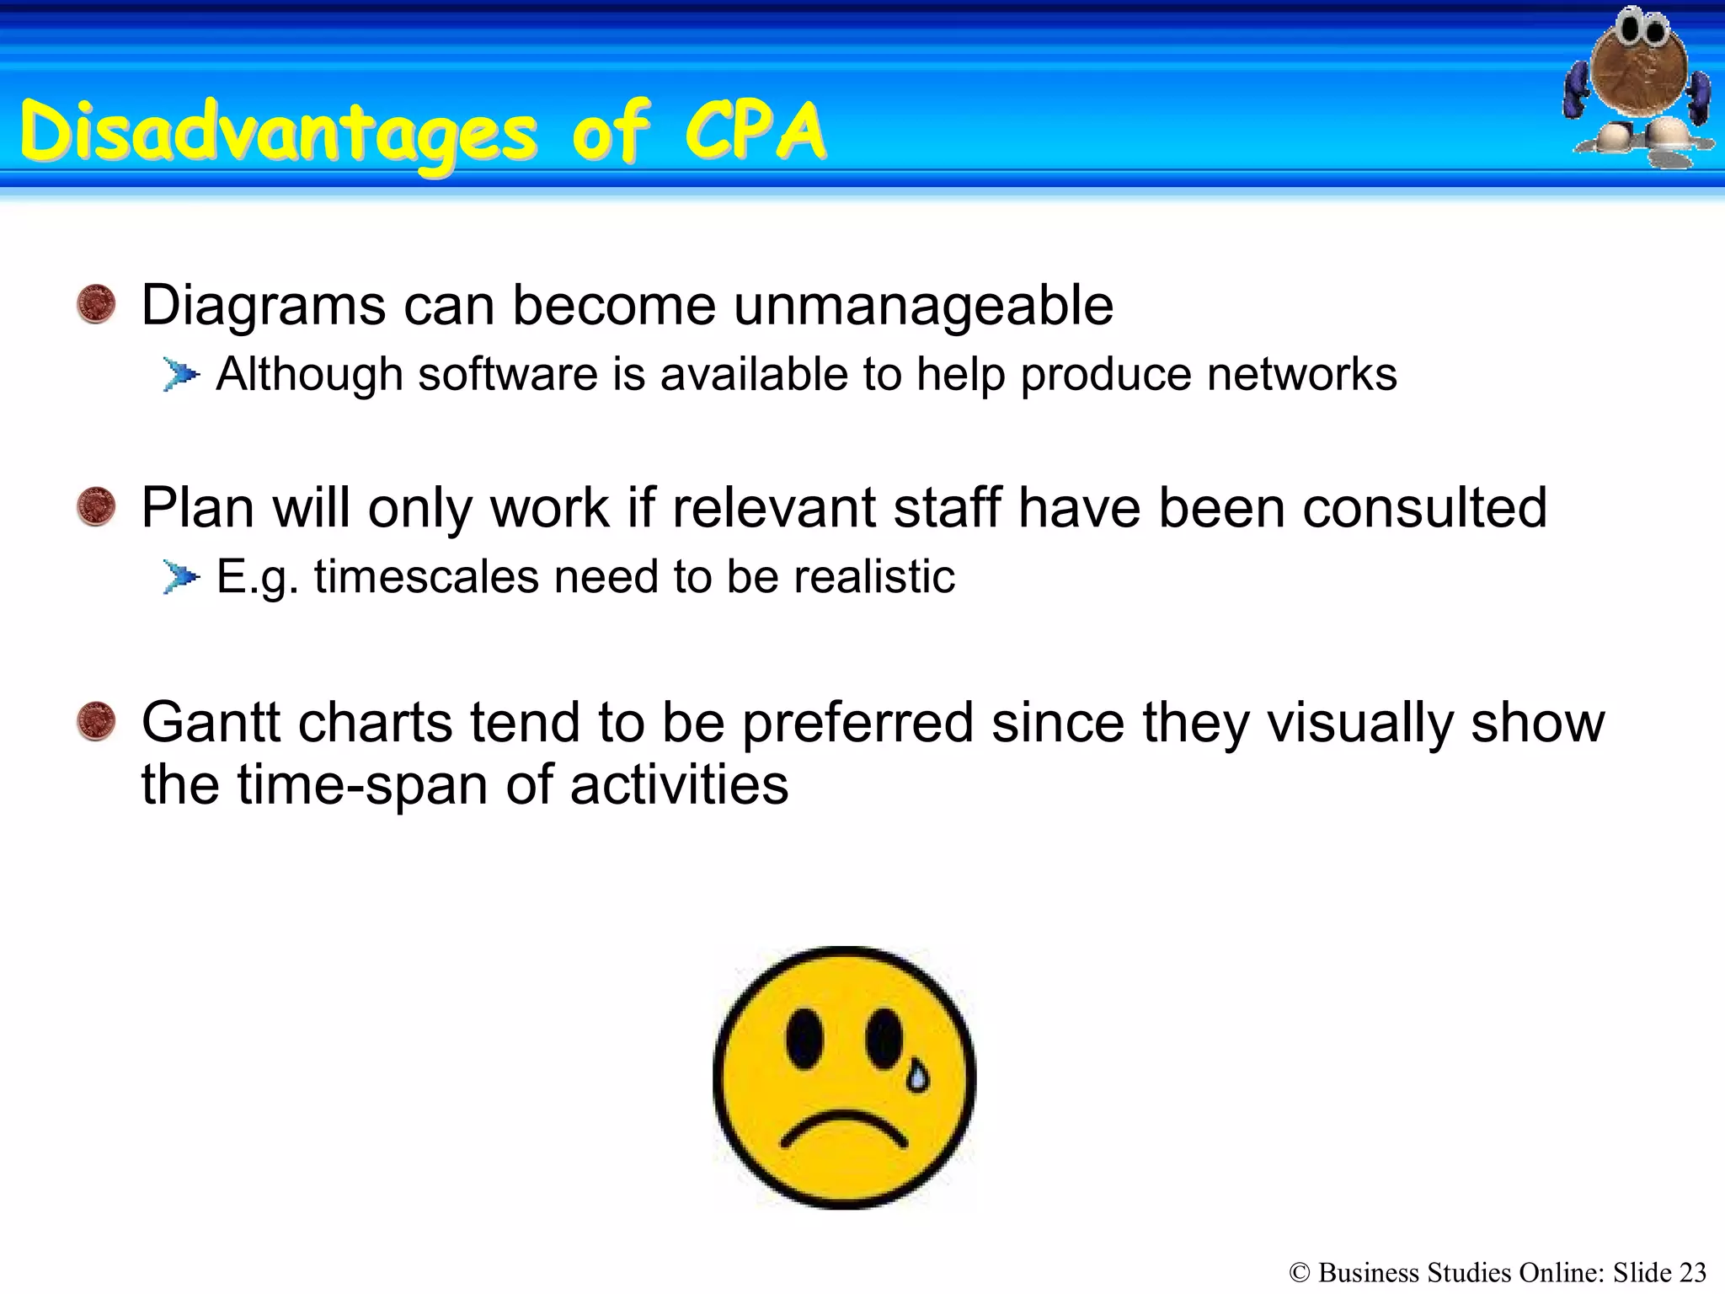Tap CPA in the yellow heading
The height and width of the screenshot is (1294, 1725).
(x=756, y=131)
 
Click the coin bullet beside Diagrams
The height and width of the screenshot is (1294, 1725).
(x=96, y=304)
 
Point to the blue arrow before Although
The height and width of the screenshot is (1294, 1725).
(x=181, y=374)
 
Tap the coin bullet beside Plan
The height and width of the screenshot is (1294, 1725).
(x=96, y=506)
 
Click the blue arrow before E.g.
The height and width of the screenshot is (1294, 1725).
(x=181, y=577)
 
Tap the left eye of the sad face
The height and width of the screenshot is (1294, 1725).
(x=804, y=1038)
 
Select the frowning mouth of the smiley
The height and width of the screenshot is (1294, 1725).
(x=844, y=1129)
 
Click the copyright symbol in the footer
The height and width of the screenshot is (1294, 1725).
(x=1300, y=1273)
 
